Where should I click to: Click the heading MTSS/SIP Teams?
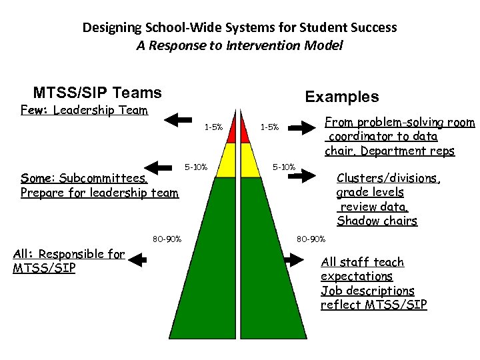pos(97,93)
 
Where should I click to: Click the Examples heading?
pos(342,97)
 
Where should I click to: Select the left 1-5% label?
pos(213,127)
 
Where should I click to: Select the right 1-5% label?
pos(269,127)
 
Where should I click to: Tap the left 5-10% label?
pos(196,167)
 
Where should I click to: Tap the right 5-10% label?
pos(284,167)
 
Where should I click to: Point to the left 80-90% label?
pos(167,239)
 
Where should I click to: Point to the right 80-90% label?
pos(311,239)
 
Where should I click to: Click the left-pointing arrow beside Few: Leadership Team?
pos(177,120)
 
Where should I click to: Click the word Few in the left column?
pos(33,110)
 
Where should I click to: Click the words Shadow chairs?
pos(377,221)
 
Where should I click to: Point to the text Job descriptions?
pos(367,291)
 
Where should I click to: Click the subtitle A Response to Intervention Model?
pos(239,45)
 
